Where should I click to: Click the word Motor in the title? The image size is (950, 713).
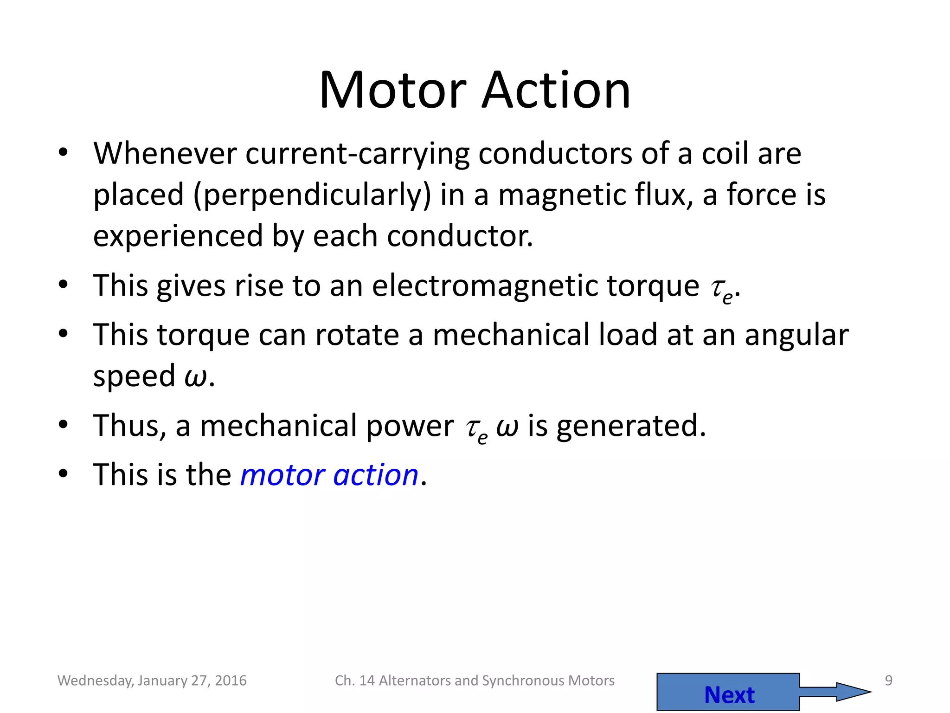pos(392,90)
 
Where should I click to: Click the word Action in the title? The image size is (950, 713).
pos(556,90)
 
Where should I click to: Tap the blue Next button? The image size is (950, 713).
pos(728,694)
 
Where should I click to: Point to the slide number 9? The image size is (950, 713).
pos(888,681)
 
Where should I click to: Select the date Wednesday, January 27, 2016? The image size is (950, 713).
pos(152,681)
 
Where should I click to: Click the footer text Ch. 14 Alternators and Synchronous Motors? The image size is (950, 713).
pos(475,681)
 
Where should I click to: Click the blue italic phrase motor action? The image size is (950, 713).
pos(329,475)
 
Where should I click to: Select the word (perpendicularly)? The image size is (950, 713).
pos(312,195)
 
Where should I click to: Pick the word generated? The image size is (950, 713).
pos(631,426)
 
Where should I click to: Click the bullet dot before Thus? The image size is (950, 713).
pos(64,424)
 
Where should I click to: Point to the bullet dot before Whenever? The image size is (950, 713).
pos(64,152)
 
